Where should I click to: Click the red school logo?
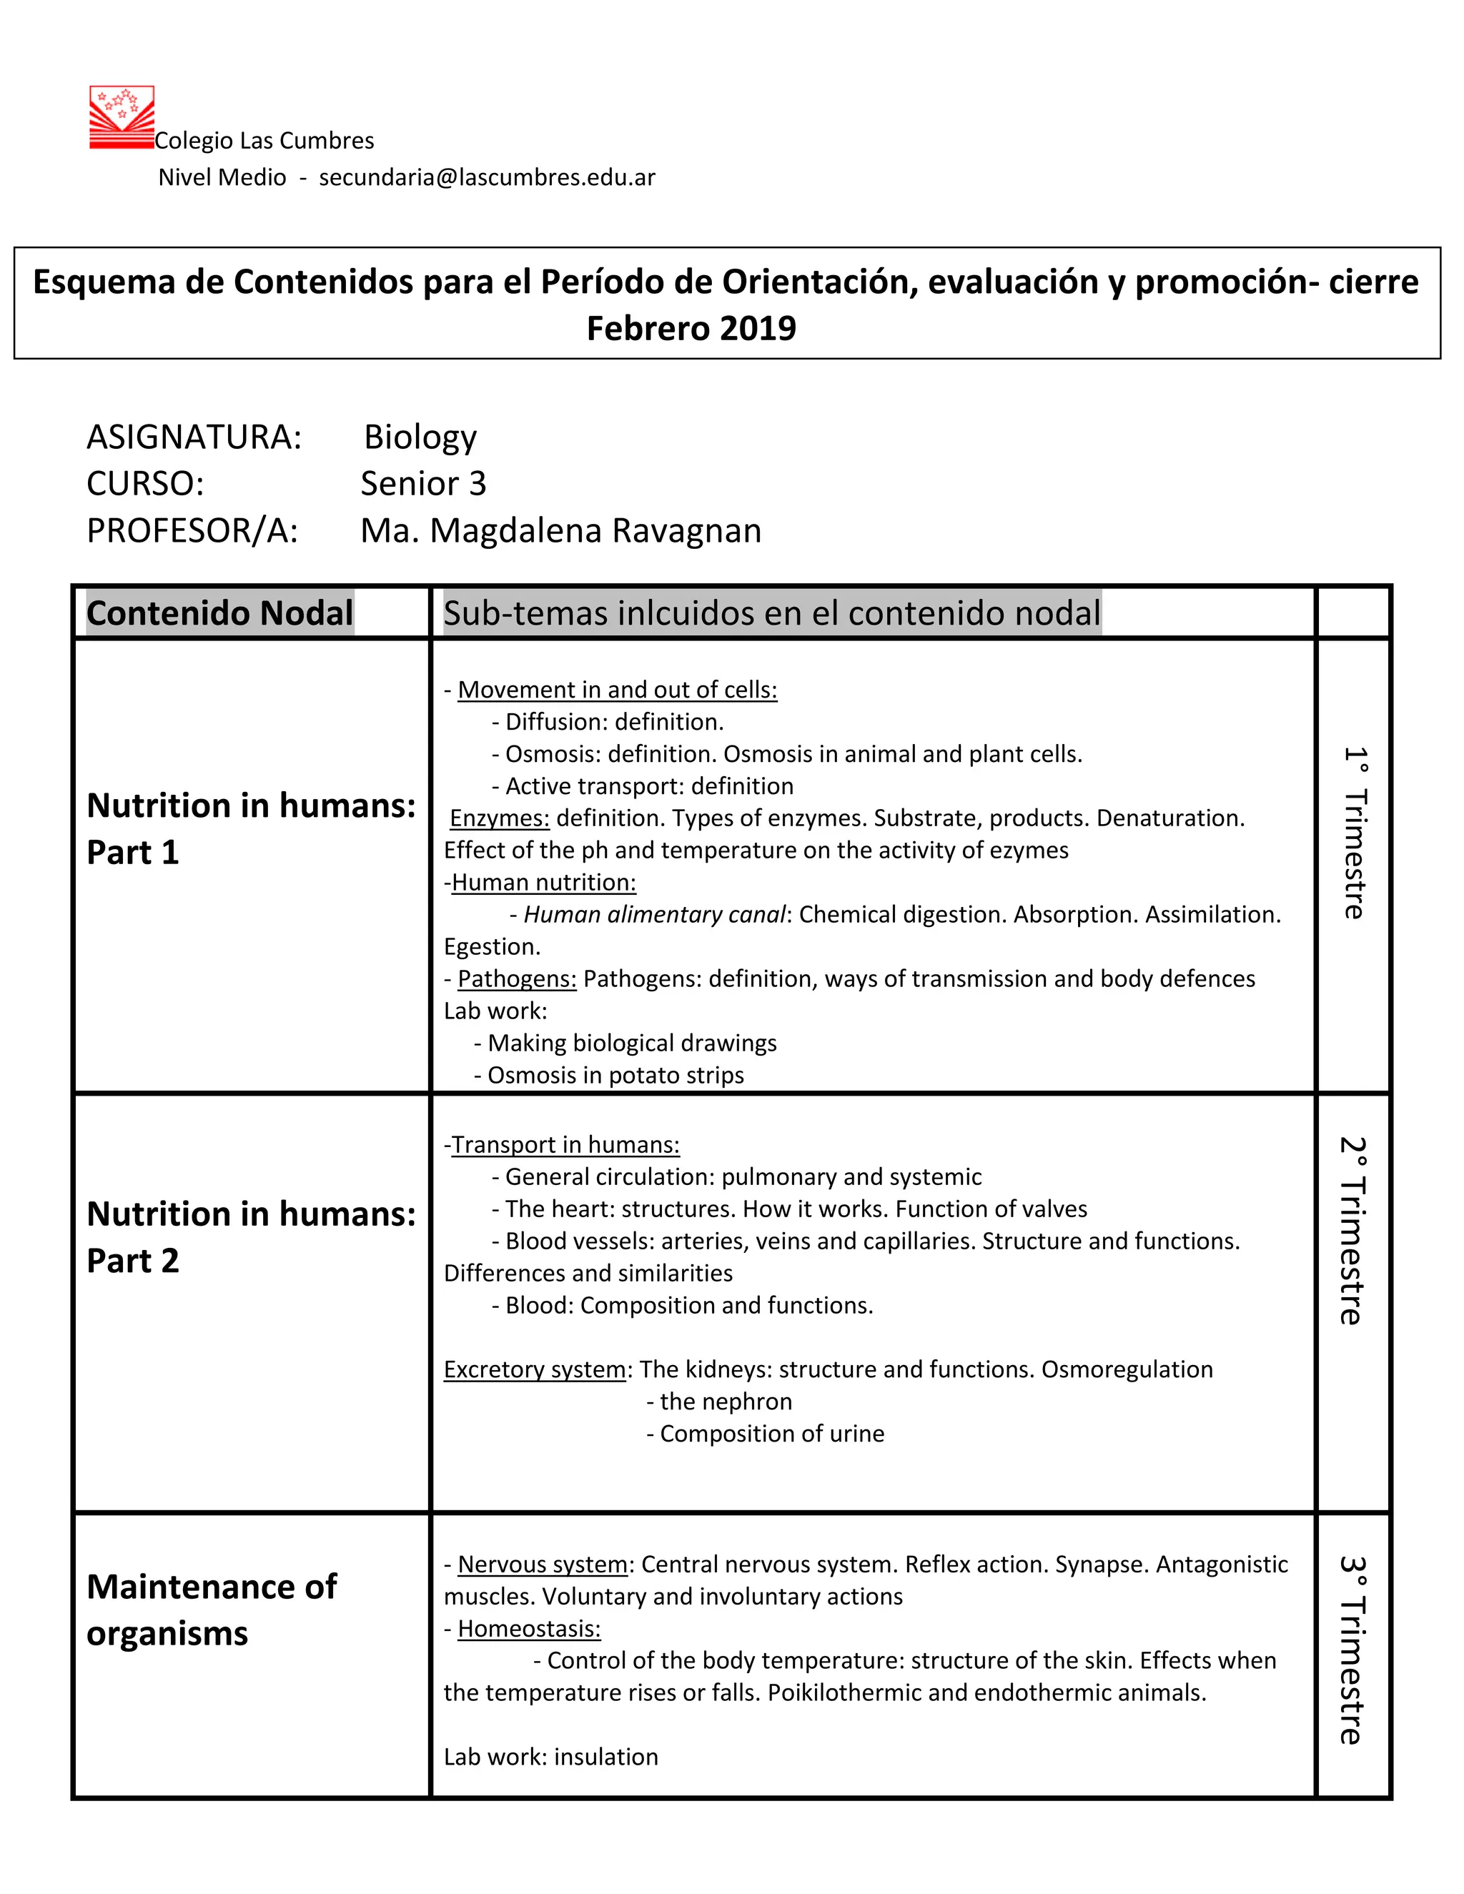pos(122,117)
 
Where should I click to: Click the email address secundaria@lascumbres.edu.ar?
pos(487,178)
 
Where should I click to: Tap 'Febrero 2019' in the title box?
pos(691,329)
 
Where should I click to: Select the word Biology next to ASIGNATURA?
pos(420,437)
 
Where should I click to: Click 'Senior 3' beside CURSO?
pos(423,484)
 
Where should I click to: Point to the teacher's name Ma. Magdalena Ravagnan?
pos(560,531)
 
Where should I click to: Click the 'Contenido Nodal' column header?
pos(220,613)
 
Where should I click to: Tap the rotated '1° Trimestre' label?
pos(1354,833)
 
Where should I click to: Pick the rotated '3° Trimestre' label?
pos(1352,1650)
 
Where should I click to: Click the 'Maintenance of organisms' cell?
pos(211,1610)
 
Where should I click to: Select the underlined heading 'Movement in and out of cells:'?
pos(617,690)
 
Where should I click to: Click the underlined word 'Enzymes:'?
pos(500,818)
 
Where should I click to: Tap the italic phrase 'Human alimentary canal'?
pos(654,915)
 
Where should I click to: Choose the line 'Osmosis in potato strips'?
pos(615,1076)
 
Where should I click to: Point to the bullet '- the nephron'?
pos(719,1402)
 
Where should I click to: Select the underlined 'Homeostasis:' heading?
pos(528,1629)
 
